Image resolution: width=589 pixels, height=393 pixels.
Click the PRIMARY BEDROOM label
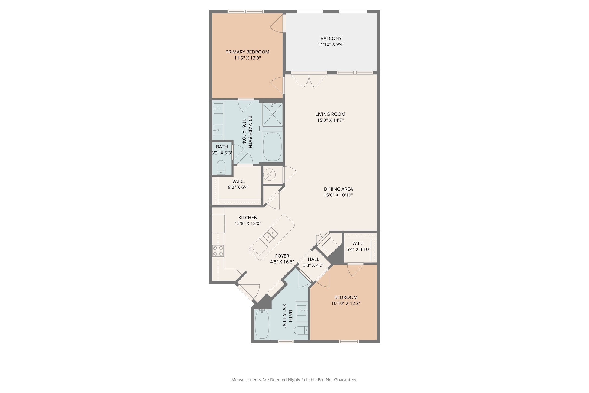[247, 52]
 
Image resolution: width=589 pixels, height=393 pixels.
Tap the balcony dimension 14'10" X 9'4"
[331, 44]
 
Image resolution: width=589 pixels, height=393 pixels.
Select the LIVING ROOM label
[330, 114]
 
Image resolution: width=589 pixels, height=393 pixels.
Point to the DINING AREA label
[338, 189]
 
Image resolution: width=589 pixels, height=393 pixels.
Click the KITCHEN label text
[248, 218]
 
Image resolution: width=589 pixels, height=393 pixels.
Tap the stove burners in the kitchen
[218, 251]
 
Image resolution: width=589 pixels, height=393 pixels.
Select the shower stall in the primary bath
[272, 115]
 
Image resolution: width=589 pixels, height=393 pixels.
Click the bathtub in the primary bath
[272, 147]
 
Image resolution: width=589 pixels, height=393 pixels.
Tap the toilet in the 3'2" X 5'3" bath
[221, 167]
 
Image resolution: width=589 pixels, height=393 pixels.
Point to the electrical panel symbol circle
[270, 175]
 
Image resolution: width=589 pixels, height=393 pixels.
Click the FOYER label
[282, 256]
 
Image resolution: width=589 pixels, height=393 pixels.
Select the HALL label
[313, 259]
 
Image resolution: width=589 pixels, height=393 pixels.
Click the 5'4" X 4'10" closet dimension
[358, 249]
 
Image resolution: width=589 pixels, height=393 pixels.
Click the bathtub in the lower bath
[262, 324]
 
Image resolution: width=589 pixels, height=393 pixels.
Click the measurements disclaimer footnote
[294, 380]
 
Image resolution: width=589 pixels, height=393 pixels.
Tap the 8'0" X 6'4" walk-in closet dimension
[238, 187]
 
